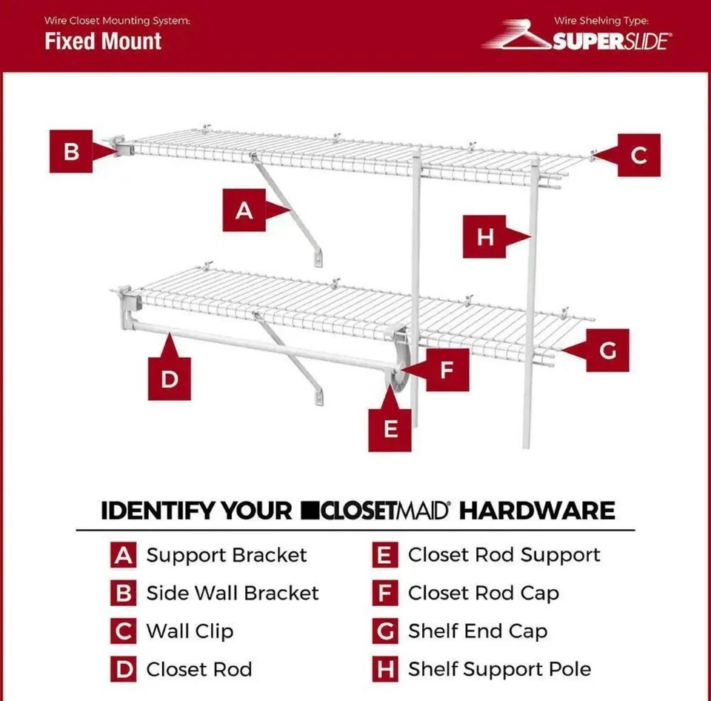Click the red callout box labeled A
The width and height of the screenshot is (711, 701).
point(244,211)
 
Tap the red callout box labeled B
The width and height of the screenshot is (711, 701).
point(71,152)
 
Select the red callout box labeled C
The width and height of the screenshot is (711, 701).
point(638,156)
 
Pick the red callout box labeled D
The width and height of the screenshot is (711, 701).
point(170,379)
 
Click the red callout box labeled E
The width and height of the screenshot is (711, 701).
point(390,428)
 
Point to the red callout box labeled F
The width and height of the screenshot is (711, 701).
point(446,370)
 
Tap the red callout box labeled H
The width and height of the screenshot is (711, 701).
point(484,236)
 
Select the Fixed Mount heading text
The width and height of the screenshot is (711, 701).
point(103,41)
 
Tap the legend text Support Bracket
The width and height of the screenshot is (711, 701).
point(226,555)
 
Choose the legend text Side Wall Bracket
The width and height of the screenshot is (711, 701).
point(233,594)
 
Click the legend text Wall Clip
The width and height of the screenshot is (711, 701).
point(190,631)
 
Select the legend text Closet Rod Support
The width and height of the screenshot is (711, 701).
point(504,555)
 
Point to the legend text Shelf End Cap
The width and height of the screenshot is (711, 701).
point(478,631)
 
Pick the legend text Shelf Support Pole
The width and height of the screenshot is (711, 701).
point(499,669)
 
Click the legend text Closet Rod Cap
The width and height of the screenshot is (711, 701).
point(483,594)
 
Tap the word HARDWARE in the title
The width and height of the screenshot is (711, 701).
point(537,511)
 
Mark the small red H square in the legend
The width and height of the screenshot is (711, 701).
point(384,669)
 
